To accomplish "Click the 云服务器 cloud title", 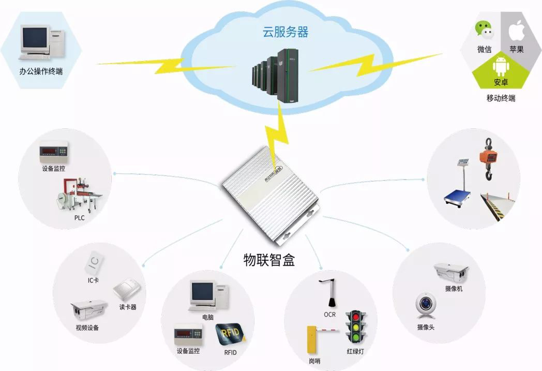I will click(x=285, y=33).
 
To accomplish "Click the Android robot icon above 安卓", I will click(x=500, y=66).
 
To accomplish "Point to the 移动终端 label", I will click(x=500, y=98).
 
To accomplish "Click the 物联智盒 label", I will click(x=269, y=260).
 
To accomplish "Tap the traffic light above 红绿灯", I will click(x=355, y=327).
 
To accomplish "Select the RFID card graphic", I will click(x=230, y=334).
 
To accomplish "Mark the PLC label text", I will click(x=79, y=218).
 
